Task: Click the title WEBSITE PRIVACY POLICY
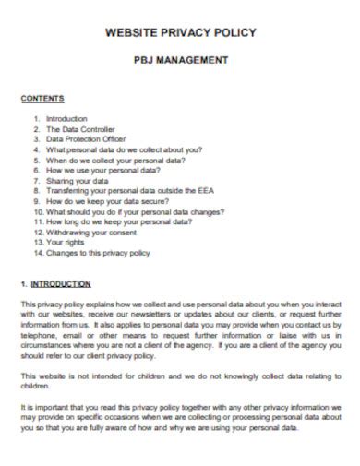[181, 32]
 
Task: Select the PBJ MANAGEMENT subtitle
[181, 62]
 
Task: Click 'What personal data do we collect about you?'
[123, 149]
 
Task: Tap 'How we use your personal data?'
[102, 169]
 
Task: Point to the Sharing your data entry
[77, 180]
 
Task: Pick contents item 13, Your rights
[66, 243]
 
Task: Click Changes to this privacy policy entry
[96, 253]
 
